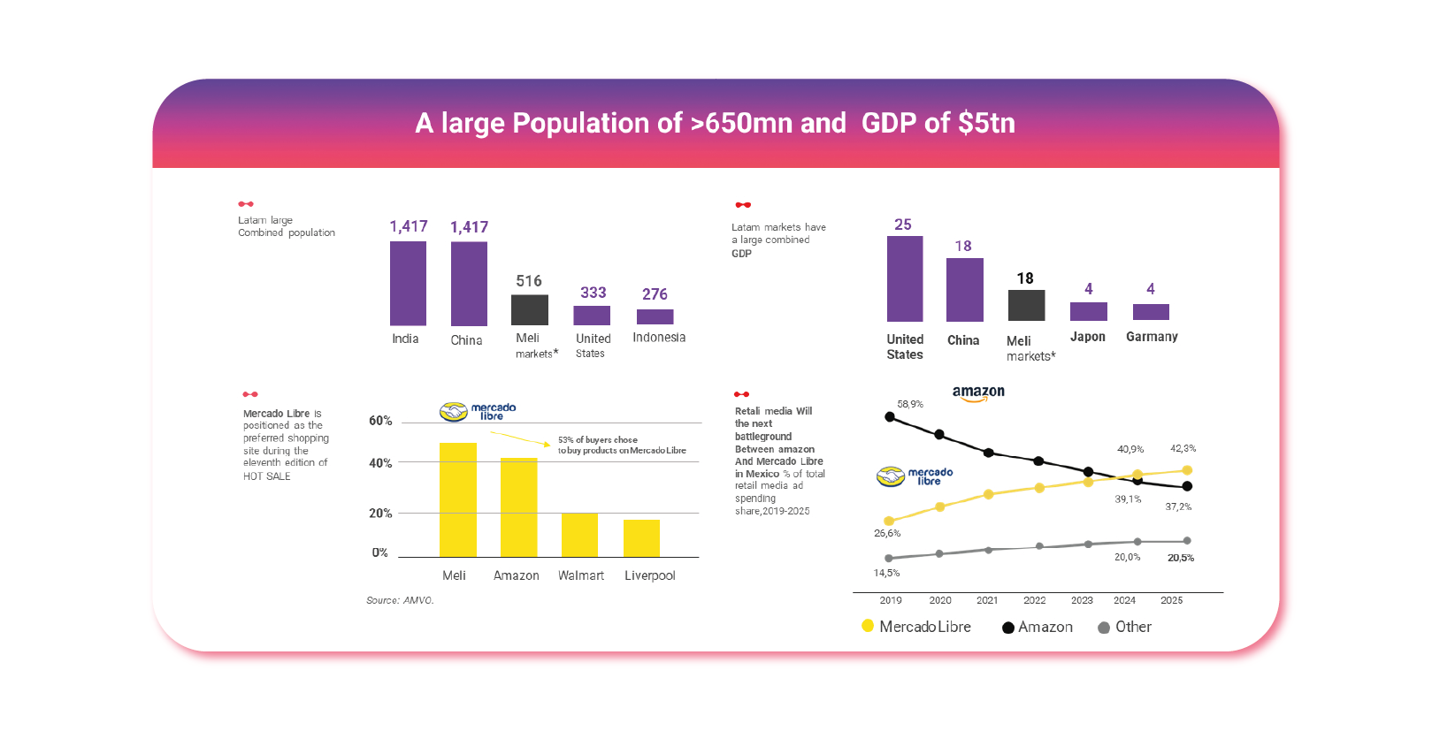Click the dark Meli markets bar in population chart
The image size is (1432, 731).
(529, 309)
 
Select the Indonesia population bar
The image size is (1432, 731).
(655, 316)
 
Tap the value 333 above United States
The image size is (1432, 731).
(593, 293)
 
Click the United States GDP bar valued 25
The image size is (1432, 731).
(904, 278)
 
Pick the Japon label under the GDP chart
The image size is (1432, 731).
(1087, 337)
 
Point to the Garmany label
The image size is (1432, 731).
(1151, 337)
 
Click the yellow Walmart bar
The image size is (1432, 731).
(579, 535)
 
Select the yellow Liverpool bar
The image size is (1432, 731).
(641, 538)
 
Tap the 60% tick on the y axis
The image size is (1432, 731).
(380, 421)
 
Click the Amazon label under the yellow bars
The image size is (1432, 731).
(516, 575)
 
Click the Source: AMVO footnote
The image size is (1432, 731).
(400, 600)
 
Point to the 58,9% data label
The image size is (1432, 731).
(909, 404)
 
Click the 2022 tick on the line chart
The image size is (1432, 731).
(1034, 600)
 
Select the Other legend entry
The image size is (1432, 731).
(1124, 627)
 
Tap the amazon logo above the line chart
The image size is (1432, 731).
(977, 392)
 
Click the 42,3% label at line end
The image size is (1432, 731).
(1183, 448)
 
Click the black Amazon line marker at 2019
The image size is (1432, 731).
(890, 416)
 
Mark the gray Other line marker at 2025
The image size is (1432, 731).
(1187, 541)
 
